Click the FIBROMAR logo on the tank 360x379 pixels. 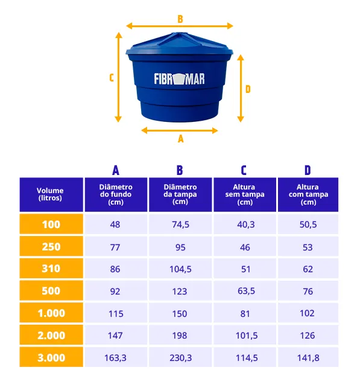tap(179, 79)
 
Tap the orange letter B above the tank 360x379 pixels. tap(180, 19)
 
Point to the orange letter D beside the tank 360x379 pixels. tap(248, 89)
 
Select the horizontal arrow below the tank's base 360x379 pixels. tap(179, 130)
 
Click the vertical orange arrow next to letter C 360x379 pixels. tap(118, 77)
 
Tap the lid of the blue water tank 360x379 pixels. tap(179, 44)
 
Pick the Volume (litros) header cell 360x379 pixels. tap(51, 194)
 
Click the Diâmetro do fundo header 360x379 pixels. tap(116, 194)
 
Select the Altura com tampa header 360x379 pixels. tap(308, 194)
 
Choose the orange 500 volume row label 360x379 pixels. tap(51, 290)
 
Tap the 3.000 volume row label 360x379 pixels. tap(51, 357)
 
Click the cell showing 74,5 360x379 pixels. tap(180, 225)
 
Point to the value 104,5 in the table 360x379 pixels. tap(180, 269)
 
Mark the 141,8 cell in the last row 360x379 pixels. tap(308, 357)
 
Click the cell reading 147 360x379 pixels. tap(116, 335)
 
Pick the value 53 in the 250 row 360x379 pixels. tap(308, 247)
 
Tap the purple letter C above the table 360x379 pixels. tap(244, 170)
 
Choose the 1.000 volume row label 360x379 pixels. tap(51, 313)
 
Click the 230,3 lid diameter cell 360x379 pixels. tap(180, 357)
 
